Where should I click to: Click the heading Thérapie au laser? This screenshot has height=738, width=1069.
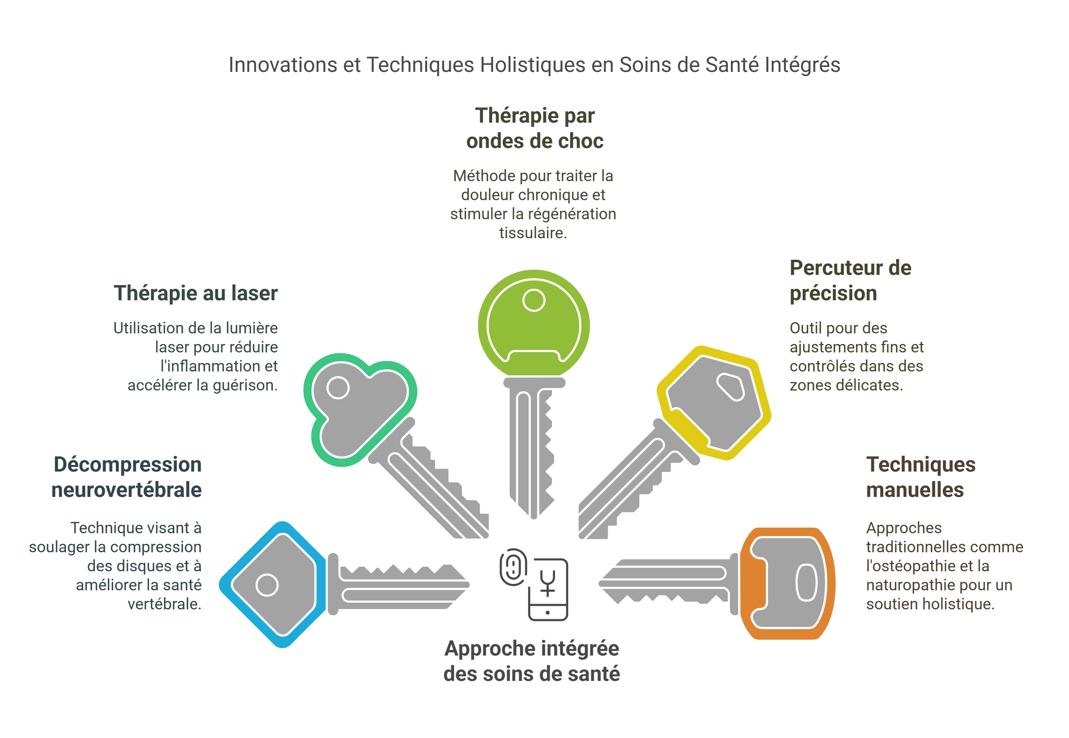point(195,293)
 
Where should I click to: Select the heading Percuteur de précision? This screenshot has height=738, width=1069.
point(850,280)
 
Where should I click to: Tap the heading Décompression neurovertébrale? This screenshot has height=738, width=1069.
point(127,477)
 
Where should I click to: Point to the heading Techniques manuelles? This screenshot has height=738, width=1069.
point(920,477)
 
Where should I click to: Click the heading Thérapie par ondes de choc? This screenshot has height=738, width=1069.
point(534,128)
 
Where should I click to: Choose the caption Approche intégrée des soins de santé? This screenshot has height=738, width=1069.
point(532,661)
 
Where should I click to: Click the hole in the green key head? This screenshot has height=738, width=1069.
point(534,300)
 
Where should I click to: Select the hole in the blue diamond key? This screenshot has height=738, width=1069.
point(267,585)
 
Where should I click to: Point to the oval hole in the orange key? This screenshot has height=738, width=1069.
point(806,583)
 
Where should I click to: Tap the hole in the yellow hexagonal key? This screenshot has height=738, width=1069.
point(731,387)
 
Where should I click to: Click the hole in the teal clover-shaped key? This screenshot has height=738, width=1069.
point(338,387)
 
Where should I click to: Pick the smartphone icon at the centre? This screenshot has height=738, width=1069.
point(548,590)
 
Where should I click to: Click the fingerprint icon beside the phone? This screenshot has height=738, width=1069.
point(513,566)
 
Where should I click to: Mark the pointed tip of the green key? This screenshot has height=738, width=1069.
point(534,518)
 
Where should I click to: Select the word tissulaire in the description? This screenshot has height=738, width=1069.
point(533,233)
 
